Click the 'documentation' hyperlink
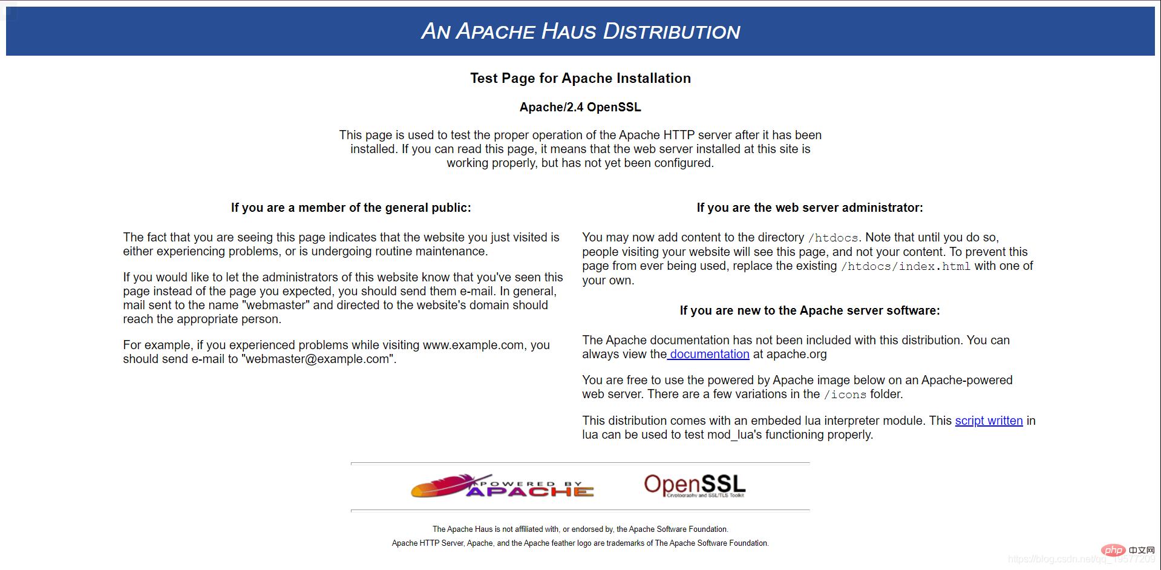pyautogui.click(x=709, y=355)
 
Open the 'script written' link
pyautogui.click(x=989, y=421)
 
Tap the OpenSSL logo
pyautogui.click(x=695, y=485)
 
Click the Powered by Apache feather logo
pyautogui.click(x=502, y=486)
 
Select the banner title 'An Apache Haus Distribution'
pyautogui.click(x=580, y=31)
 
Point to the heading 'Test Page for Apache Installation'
pyautogui.click(x=580, y=78)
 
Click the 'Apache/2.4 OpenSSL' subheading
pyautogui.click(x=580, y=107)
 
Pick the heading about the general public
pyautogui.click(x=351, y=208)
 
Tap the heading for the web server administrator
pyautogui.click(x=809, y=208)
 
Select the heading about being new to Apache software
pyautogui.click(x=809, y=310)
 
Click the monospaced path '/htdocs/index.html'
pyautogui.click(x=906, y=266)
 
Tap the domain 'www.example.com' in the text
pyautogui.click(x=473, y=345)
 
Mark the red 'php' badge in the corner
pyautogui.click(x=1113, y=550)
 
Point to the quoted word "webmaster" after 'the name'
pyautogui.click(x=276, y=306)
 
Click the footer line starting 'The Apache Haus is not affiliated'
pyautogui.click(x=580, y=529)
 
